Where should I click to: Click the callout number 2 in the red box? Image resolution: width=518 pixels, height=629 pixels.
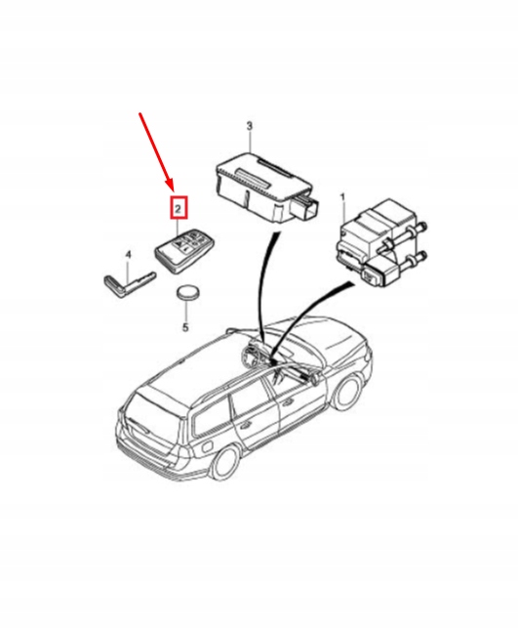point(179,208)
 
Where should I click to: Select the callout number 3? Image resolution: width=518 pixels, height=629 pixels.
point(249,126)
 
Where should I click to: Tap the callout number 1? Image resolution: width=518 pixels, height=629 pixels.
point(342,197)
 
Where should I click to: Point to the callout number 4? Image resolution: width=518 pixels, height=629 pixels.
point(128,255)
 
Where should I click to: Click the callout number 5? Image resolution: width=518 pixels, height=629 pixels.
point(185,327)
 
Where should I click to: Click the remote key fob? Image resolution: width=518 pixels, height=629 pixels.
point(184,251)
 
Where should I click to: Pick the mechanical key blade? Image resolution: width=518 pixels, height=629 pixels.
point(129,283)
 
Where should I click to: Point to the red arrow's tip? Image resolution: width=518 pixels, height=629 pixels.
point(174,191)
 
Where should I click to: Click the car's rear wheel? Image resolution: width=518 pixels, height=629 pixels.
point(227,464)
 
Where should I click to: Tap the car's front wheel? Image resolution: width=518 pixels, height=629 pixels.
point(347,393)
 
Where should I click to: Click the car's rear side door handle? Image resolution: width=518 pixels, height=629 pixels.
point(245,425)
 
